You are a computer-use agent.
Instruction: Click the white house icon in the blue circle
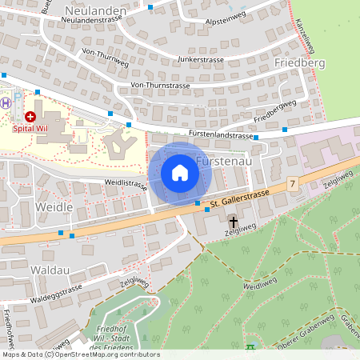click(x=180, y=172)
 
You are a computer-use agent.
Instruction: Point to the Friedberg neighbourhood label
click(x=298, y=62)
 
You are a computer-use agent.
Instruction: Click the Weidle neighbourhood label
click(x=55, y=206)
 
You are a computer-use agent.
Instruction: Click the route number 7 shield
click(x=294, y=184)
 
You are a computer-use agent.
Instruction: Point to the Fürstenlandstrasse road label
click(x=221, y=135)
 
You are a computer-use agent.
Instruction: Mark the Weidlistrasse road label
click(x=125, y=185)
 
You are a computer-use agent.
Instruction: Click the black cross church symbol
click(x=234, y=221)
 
